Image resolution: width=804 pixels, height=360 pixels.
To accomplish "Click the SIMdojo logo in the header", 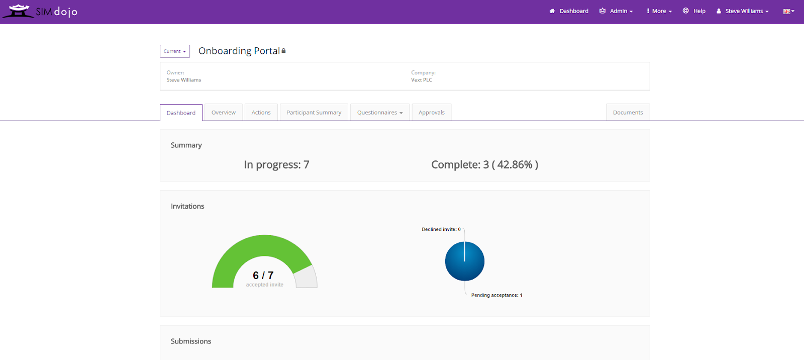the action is click(x=40, y=11).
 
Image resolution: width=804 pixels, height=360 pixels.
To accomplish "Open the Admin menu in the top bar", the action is click(x=616, y=11).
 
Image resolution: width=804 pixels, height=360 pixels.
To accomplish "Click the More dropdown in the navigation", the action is click(x=659, y=11).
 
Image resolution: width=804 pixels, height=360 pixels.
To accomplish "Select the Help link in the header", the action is click(x=694, y=11).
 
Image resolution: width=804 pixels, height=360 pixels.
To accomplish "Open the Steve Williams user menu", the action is click(x=743, y=11).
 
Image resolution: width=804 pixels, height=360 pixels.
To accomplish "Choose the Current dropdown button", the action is click(x=175, y=51).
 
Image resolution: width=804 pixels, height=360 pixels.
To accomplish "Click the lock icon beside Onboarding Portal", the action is click(x=283, y=51).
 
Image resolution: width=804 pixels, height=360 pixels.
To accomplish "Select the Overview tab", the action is click(x=223, y=113).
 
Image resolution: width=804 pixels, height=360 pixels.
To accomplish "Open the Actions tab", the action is click(x=261, y=113).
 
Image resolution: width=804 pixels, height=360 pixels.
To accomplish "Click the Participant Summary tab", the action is click(x=314, y=113).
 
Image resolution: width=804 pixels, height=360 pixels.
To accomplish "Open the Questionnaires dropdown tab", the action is click(x=380, y=113).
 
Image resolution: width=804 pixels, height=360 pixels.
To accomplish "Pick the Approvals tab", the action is click(x=432, y=113).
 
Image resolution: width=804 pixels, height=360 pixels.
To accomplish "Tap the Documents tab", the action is click(x=628, y=113).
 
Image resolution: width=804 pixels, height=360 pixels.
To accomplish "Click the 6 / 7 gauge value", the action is click(x=263, y=275).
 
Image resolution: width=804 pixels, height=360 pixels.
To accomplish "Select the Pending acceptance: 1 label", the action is click(x=497, y=295).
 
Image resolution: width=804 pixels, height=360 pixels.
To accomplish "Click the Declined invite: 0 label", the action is click(x=441, y=229).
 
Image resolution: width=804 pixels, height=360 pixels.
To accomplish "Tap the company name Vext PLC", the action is click(x=422, y=80).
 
